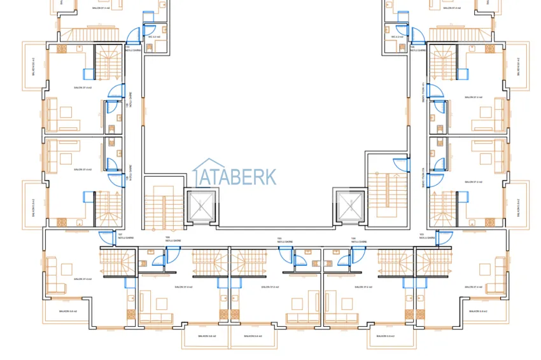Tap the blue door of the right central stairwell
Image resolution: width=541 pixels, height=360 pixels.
(399, 164)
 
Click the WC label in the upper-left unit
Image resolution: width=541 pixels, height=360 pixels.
(153, 37)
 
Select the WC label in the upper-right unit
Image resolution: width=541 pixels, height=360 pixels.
(398, 37)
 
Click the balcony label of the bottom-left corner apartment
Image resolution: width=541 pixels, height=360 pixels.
(68, 311)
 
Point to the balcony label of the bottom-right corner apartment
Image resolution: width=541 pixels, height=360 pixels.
(477, 311)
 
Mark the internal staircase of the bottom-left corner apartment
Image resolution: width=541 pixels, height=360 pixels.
(115, 260)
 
